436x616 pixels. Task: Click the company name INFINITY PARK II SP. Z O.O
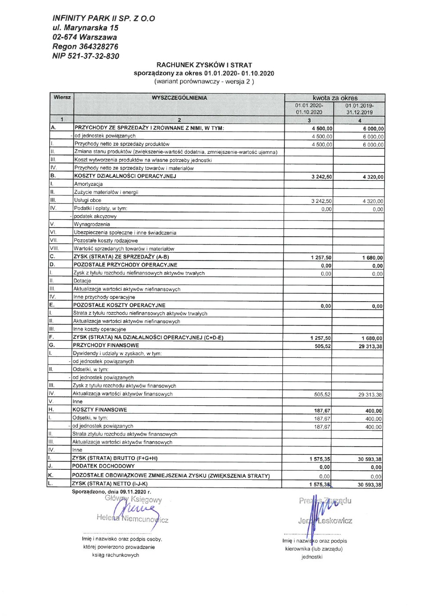click(103, 18)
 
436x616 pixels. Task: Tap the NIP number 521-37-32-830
click(93, 56)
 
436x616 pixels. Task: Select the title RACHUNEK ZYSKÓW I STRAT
click(204, 65)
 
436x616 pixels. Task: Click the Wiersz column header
click(62, 97)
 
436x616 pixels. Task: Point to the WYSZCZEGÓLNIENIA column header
click(179, 98)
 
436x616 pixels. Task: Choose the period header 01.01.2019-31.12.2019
click(359, 109)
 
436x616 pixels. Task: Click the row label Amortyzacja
click(88, 184)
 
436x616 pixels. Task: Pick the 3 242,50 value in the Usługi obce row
click(321, 201)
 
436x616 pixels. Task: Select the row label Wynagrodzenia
click(92, 224)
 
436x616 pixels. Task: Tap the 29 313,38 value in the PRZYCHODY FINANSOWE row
click(370, 346)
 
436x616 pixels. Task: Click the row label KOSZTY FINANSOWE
click(100, 410)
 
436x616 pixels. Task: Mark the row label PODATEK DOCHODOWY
click(103, 466)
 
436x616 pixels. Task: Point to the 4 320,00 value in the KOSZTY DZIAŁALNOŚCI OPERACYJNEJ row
click(373, 177)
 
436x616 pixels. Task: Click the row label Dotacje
click(82, 281)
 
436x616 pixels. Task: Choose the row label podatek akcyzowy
click(95, 216)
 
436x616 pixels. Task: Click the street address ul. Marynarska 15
click(85, 28)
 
